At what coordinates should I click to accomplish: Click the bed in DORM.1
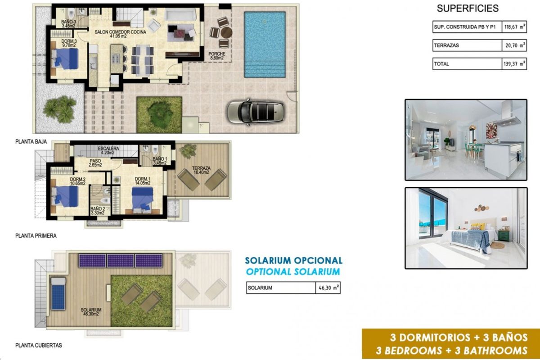(144, 199)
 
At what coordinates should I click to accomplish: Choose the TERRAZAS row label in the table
(446, 45)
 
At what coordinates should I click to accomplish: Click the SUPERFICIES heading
(468, 8)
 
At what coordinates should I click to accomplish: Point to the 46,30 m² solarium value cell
(328, 288)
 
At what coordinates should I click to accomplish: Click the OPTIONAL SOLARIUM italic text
(293, 271)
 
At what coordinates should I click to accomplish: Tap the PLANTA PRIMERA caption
(36, 235)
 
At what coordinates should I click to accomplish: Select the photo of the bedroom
(466, 228)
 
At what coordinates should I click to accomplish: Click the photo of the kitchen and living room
(466, 139)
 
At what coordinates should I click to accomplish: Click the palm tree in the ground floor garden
(60, 108)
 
